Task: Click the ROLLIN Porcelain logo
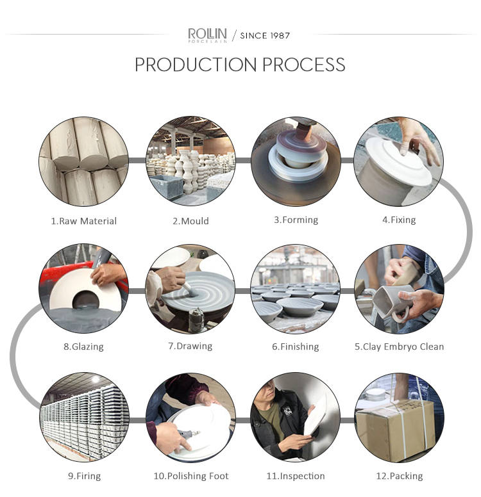point(207,35)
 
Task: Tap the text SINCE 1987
point(265,36)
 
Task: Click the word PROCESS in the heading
point(303,65)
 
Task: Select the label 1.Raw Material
point(84,221)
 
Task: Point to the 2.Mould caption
point(190,221)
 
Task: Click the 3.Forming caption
point(296,220)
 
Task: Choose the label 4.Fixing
point(399,220)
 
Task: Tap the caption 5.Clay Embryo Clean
point(399,346)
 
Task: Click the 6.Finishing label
point(295,346)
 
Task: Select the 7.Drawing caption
point(190,346)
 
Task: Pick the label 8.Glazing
point(83,346)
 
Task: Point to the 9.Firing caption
point(84,476)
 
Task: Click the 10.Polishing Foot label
point(191,476)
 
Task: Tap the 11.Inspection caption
point(295,476)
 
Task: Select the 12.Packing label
point(400,476)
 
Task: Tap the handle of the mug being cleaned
point(400,314)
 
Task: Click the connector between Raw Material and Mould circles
point(137,160)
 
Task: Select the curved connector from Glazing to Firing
point(13,355)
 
